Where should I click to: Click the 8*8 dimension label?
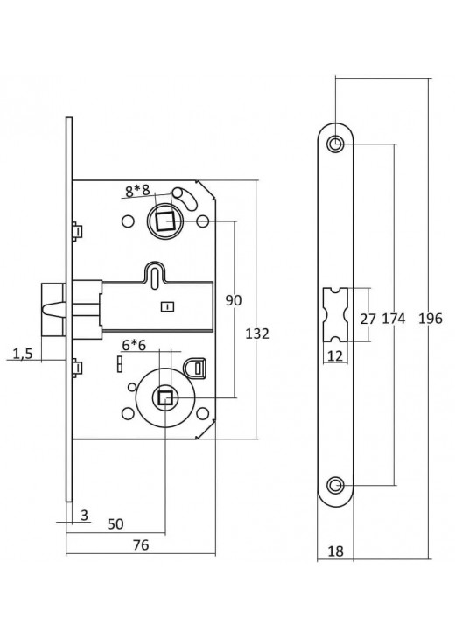137,190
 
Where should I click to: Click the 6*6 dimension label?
133,346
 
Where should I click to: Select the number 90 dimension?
233,300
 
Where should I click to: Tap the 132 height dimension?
257,334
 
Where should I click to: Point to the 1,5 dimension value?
24,354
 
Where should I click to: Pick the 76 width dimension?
139,544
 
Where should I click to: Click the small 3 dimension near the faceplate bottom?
84,516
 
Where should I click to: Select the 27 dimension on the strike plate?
367,319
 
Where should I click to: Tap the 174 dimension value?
394,319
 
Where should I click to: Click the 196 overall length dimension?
430,319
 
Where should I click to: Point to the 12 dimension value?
335,355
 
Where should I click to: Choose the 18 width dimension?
336,552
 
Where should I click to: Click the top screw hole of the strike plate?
336,144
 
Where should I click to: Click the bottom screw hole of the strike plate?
336,485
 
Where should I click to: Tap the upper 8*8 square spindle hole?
163,223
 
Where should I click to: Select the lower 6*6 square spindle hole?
164,398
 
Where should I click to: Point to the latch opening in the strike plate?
336,314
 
